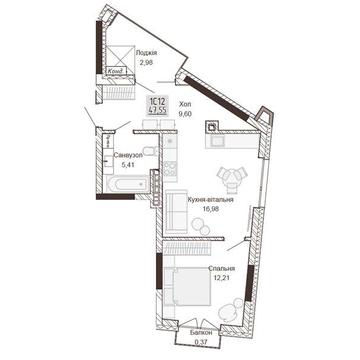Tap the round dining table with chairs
click(x=233, y=171)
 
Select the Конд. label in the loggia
click(x=118, y=72)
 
